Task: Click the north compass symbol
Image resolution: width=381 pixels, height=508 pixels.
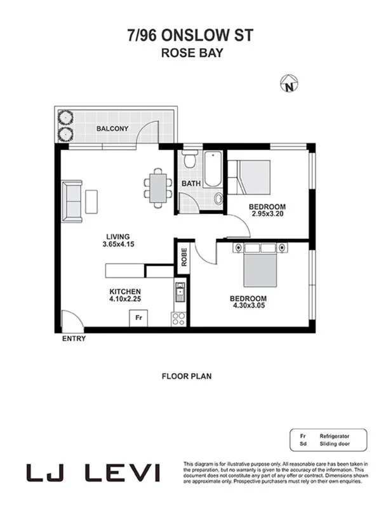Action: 290,83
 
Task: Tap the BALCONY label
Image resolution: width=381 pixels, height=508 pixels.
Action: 112,129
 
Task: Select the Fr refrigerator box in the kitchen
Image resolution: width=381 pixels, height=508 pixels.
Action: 138,318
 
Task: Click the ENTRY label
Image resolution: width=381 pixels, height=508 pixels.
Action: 74,338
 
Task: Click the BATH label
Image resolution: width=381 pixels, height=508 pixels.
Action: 190,184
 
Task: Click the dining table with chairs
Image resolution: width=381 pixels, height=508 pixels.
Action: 157,187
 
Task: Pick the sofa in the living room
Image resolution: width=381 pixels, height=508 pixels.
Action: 72,201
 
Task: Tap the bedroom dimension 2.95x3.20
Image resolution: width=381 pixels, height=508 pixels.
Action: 267,215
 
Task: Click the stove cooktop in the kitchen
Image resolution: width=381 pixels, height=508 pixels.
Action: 178,318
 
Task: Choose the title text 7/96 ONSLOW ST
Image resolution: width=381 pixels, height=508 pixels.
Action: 190,36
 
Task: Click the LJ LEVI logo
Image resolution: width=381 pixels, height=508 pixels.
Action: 93,473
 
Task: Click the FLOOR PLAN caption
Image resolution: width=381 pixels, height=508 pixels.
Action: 187,376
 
